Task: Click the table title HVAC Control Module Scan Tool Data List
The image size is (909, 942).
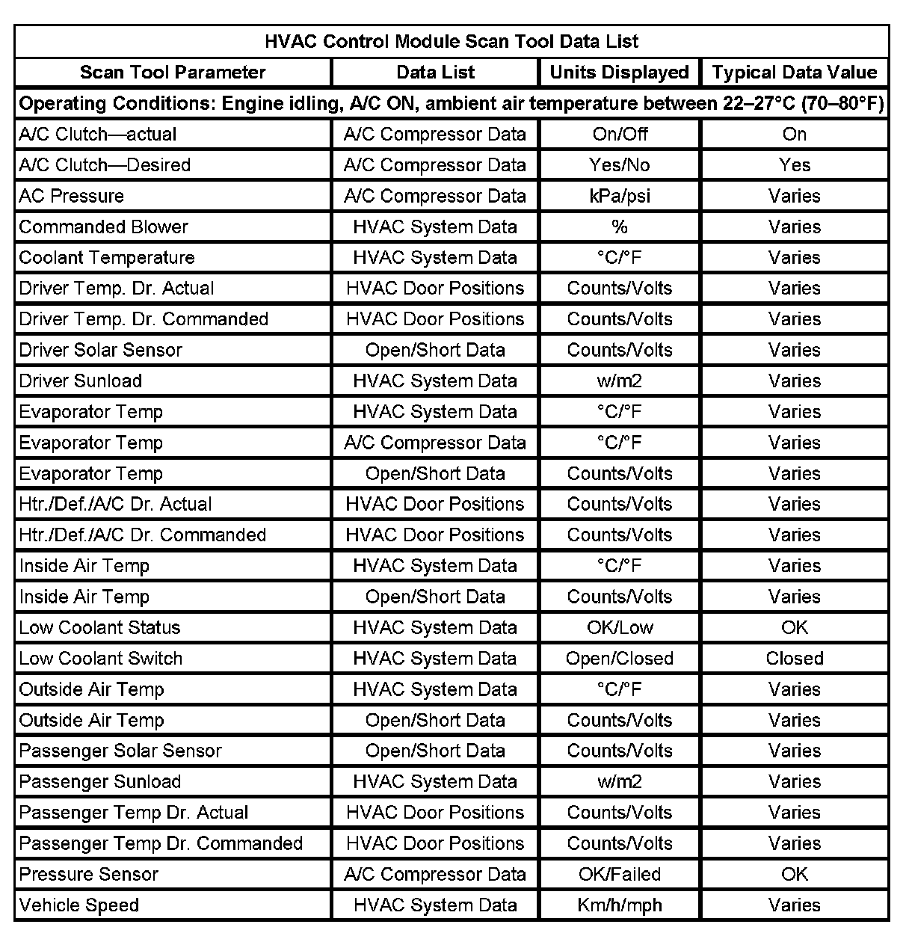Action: (x=452, y=41)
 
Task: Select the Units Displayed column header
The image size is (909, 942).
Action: (x=619, y=73)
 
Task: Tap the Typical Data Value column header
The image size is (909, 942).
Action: (x=794, y=73)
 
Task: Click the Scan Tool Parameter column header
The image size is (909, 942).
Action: (x=173, y=73)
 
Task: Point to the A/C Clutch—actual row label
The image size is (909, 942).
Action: (x=98, y=135)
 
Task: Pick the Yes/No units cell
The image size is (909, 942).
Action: (x=619, y=165)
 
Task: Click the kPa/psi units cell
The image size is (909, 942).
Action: (x=619, y=196)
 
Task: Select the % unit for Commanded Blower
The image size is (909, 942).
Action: (x=619, y=227)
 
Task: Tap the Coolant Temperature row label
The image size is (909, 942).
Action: (x=107, y=258)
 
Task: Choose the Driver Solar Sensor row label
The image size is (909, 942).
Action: (x=101, y=350)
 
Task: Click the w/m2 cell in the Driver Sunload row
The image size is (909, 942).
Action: (x=619, y=381)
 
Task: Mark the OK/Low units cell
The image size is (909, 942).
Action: (x=619, y=628)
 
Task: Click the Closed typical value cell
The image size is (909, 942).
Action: (x=794, y=659)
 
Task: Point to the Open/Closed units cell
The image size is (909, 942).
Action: (x=619, y=659)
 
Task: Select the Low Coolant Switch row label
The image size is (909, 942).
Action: (x=101, y=659)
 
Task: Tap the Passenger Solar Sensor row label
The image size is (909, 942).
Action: (x=120, y=751)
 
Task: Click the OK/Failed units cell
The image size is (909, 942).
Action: (x=619, y=875)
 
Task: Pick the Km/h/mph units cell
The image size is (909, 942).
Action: (x=619, y=905)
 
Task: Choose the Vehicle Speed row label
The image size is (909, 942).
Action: (x=79, y=905)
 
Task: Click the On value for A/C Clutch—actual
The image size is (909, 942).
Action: (x=794, y=135)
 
